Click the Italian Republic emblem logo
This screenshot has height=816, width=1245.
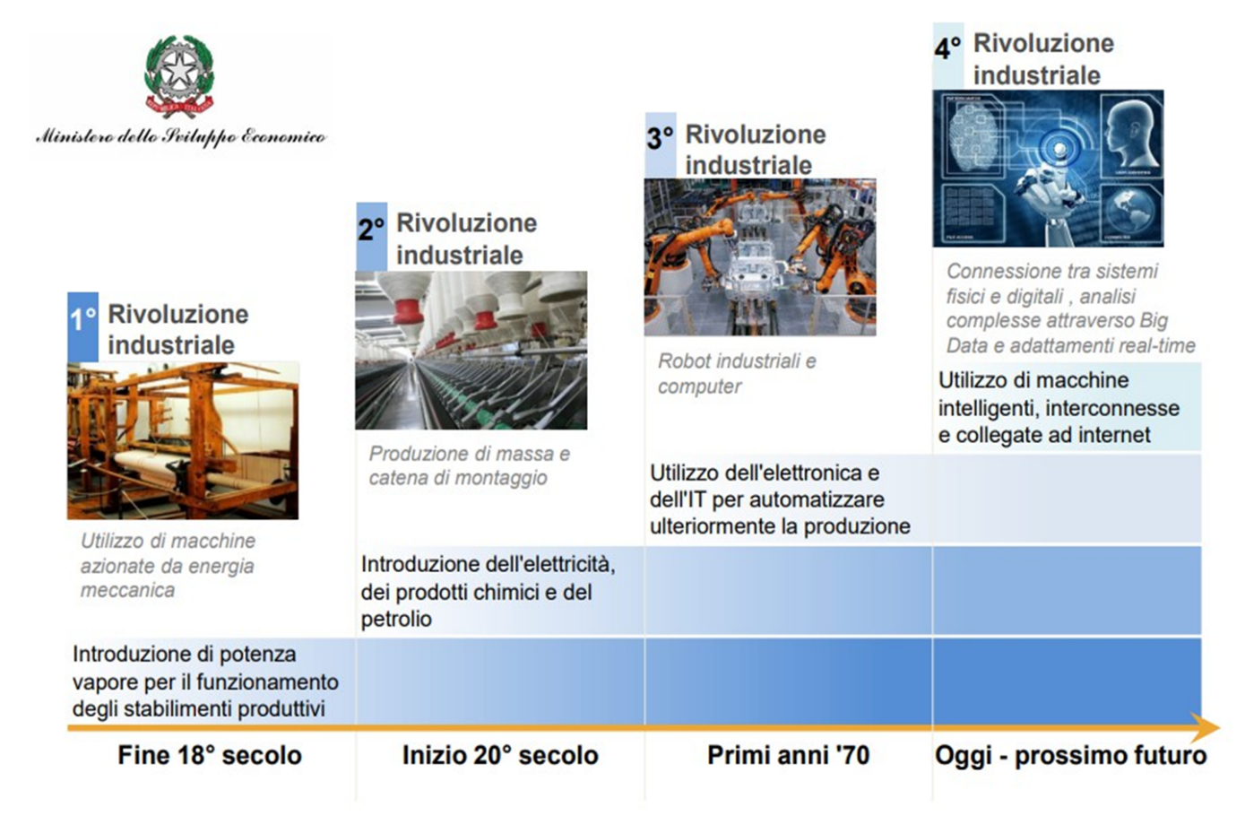[x=179, y=76]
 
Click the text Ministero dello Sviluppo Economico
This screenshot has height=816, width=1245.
[x=181, y=137]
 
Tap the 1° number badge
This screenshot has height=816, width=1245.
[x=82, y=326]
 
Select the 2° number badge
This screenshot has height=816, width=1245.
[x=371, y=237]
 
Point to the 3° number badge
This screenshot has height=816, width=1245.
[x=661, y=145]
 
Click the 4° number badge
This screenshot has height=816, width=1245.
[x=948, y=56]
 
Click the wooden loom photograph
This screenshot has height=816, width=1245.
[x=183, y=441]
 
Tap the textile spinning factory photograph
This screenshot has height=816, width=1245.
[x=471, y=351]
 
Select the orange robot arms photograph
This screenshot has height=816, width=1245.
[x=760, y=257]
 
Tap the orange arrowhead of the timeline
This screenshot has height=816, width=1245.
[x=1205, y=727]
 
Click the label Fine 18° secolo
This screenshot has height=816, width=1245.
[x=210, y=755]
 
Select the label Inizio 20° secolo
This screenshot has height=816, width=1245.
[x=500, y=755]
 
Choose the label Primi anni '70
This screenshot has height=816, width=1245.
[x=788, y=755]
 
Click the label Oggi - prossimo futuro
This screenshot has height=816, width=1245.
[x=1070, y=756]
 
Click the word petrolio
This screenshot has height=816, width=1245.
[x=396, y=620]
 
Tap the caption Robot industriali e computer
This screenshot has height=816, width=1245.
[x=737, y=374]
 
